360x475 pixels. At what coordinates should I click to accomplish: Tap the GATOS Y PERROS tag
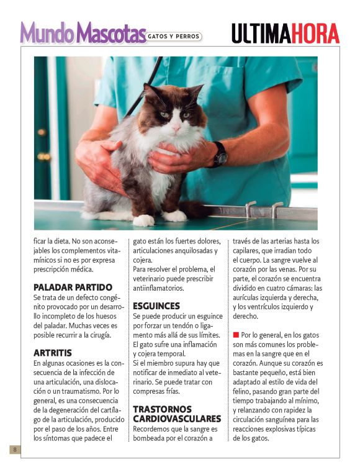pyautogui.click(x=174, y=37)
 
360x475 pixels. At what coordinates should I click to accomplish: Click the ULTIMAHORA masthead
pyautogui.click(x=286, y=34)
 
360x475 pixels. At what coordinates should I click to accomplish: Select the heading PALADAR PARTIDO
pyautogui.click(x=73, y=287)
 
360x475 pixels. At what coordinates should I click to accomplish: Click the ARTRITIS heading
pyautogui.click(x=53, y=352)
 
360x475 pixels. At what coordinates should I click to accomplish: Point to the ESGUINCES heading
pyautogui.click(x=156, y=306)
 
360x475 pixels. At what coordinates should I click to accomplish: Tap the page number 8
pyautogui.click(x=14, y=449)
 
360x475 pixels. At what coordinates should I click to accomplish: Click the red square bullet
pyautogui.click(x=236, y=335)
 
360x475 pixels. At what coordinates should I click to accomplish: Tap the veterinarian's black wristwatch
pyautogui.click(x=218, y=154)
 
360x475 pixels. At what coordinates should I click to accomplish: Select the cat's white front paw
pyautogui.click(x=144, y=219)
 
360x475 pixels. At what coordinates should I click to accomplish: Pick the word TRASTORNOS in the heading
pyautogui.click(x=162, y=409)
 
